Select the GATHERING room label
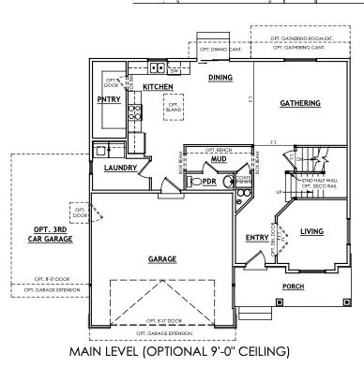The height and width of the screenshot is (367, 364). [300, 103]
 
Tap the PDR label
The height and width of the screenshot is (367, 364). [208, 182]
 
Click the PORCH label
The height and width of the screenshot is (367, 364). [294, 286]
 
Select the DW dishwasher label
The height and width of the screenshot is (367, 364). [175, 69]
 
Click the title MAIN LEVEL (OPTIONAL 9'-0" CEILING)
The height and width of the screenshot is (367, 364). [182, 353]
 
